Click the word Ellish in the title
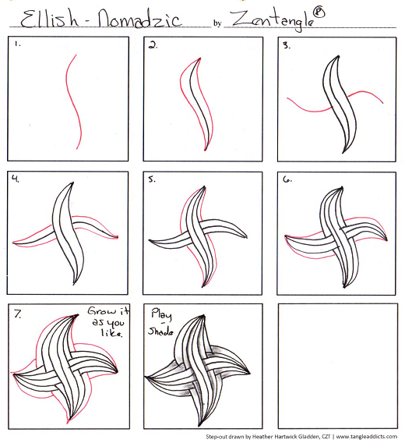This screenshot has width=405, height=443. [x=49, y=19]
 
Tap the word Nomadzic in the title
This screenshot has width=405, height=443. [x=139, y=19]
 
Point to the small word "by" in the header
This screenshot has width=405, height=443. [x=217, y=23]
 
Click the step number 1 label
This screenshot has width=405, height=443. [x=17, y=44]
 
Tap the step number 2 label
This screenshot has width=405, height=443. [x=153, y=44]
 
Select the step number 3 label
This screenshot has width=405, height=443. [x=287, y=45]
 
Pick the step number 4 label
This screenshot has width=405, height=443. [x=16, y=179]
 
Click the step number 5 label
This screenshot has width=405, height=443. [x=152, y=179]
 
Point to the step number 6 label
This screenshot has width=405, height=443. [x=287, y=179]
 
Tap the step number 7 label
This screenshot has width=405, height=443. [x=17, y=314]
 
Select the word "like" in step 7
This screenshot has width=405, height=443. [x=111, y=332]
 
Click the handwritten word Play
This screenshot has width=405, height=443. [x=161, y=314]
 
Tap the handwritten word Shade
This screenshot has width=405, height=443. [x=160, y=331]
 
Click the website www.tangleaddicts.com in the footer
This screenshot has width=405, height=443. [x=367, y=437]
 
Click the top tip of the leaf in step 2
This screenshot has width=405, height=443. [x=200, y=58]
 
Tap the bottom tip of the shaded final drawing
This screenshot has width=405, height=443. [x=199, y=426]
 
